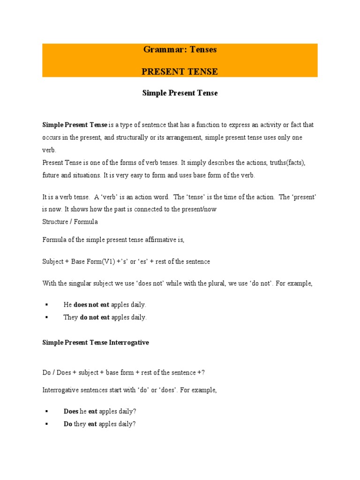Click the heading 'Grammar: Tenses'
tap(180, 49)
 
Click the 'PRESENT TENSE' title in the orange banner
tap(180, 72)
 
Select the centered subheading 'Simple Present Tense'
tap(180, 93)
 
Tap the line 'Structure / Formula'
tap(70, 222)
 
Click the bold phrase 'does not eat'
tap(91, 305)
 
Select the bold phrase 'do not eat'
tap(95, 317)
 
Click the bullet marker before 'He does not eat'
tap(46, 305)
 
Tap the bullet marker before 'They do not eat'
tap(46, 317)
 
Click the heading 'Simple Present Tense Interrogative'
tap(96, 343)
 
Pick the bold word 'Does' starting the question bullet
tap(71, 411)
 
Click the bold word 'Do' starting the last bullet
tap(68, 424)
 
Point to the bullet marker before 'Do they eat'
tap(46, 424)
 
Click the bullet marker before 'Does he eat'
tap(46, 411)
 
